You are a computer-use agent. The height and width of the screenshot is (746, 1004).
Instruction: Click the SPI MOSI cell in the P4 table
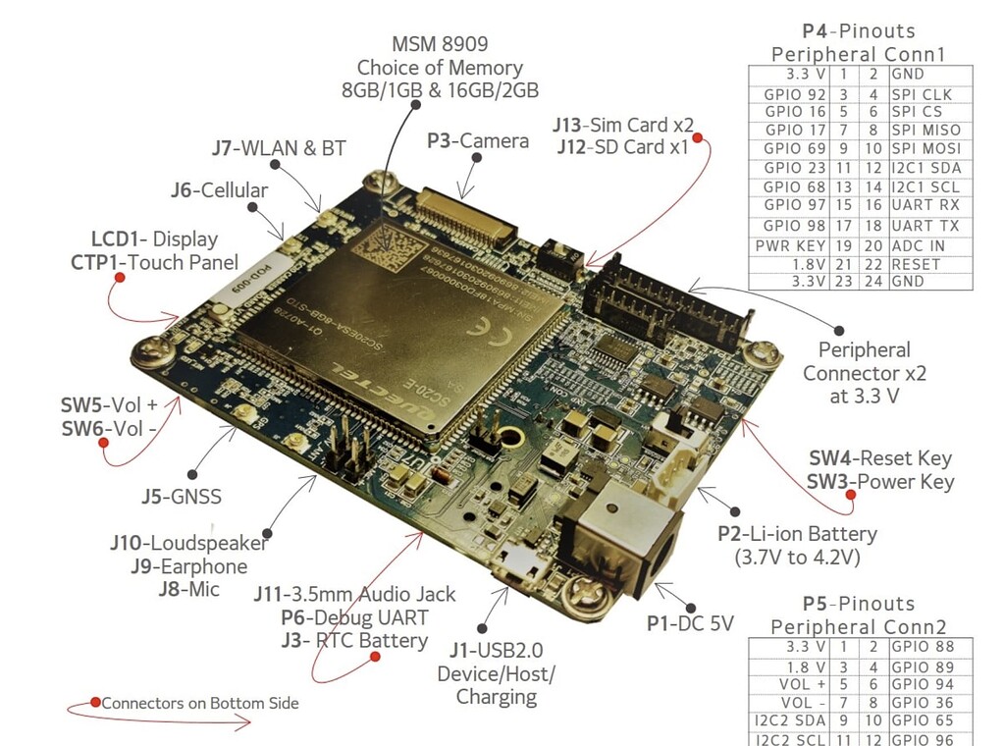pos(925,148)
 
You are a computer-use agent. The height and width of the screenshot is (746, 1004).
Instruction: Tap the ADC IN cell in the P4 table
pos(919,244)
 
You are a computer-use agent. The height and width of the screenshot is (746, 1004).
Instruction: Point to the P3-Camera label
pos(477,140)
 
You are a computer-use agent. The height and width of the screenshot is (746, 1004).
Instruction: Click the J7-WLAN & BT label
pos(279,148)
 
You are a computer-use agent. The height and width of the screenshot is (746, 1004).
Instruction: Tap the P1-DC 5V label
pos(689,622)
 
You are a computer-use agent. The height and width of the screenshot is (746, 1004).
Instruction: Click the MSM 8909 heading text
pos(439,43)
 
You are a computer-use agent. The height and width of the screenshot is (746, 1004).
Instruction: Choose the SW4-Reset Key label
pos(879,457)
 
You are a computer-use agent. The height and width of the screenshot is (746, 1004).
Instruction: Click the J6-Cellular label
pos(219,189)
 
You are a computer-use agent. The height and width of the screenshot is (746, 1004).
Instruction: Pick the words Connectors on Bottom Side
pos(200,703)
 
